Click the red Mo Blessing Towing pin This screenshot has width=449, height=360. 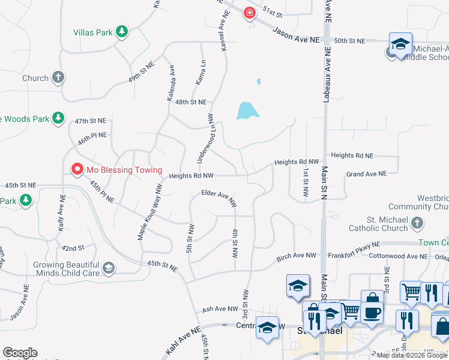pos(77,169)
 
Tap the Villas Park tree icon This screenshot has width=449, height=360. pos(122,31)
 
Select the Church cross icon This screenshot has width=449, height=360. pos(58,77)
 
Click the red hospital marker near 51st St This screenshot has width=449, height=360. pos(249,13)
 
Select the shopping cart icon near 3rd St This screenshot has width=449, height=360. pos(411,292)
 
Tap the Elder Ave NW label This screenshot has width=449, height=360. pos(219,197)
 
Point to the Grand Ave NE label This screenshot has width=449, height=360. pos(366,175)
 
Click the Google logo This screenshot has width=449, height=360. pos(20,353)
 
